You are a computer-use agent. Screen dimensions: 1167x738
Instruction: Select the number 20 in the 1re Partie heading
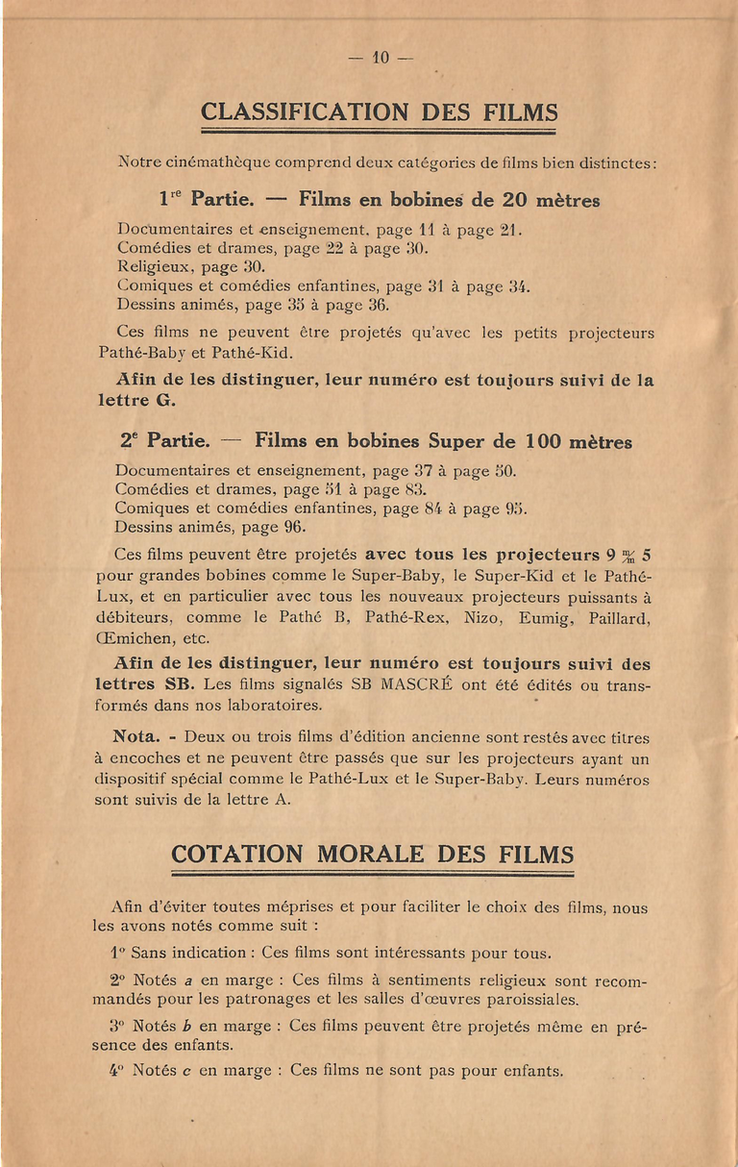coord(515,201)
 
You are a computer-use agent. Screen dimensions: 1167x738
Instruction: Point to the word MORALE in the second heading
coord(371,855)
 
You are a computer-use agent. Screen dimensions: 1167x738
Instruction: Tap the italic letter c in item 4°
coord(186,1070)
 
